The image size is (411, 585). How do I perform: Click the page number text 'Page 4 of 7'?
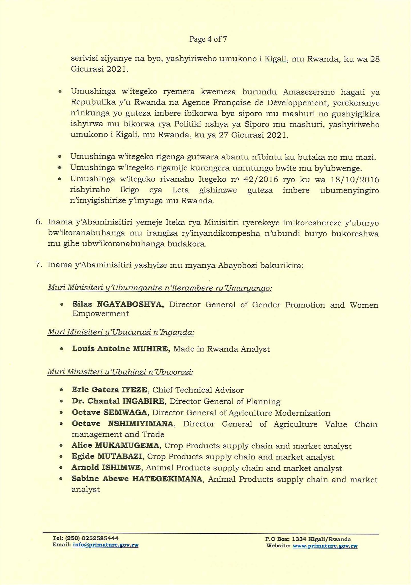click(208, 39)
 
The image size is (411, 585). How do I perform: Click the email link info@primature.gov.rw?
click(106, 545)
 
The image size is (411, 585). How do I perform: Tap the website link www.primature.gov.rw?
click(325, 546)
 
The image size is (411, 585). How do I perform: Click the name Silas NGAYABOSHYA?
click(118, 305)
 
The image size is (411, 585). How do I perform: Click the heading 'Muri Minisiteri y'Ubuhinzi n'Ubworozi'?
click(120, 372)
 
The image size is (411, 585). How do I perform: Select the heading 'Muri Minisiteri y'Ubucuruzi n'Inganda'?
click(121, 332)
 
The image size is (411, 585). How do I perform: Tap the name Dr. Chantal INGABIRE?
click(118, 401)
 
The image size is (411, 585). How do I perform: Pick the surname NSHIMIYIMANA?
click(141, 424)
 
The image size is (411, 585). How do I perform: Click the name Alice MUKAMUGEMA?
click(115, 446)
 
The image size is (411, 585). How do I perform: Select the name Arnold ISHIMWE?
click(106, 468)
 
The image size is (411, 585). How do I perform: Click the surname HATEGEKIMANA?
click(167, 480)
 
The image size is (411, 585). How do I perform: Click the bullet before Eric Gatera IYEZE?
click(61, 390)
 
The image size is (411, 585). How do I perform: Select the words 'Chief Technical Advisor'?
click(198, 390)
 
